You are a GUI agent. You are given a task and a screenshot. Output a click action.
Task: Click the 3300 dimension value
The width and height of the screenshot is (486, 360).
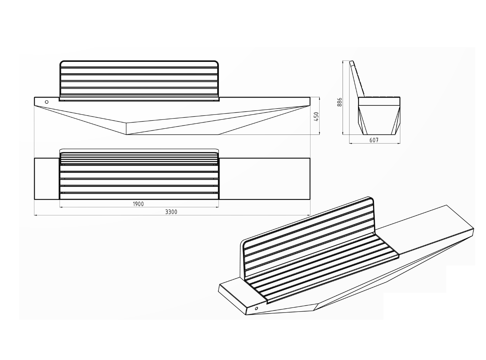(171, 212)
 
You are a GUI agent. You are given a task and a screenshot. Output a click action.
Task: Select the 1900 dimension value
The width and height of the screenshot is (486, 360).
(138, 204)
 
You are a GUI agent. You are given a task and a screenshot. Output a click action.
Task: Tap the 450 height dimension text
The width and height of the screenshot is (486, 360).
(316, 117)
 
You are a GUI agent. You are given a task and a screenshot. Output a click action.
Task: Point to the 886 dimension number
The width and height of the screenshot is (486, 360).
(339, 102)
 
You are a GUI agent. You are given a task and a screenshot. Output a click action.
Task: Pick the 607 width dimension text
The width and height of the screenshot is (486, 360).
(374, 140)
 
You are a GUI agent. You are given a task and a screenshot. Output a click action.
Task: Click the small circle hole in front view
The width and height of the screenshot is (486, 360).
(47, 102)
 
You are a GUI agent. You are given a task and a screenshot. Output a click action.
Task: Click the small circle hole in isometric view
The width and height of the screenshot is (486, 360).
(256, 308)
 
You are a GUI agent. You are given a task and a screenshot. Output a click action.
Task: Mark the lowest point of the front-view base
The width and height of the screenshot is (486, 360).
(126, 135)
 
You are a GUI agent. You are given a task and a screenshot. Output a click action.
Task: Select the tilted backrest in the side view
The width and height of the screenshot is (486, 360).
(357, 79)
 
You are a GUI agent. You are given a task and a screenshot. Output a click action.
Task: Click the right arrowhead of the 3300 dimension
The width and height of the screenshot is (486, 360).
(309, 215)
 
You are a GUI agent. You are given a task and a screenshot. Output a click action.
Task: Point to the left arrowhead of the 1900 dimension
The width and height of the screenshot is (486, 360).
(61, 207)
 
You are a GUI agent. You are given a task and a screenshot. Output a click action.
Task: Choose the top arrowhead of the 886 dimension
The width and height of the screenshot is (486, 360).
(343, 62)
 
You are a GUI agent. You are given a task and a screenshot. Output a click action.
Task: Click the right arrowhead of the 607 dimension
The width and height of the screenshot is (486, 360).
(399, 143)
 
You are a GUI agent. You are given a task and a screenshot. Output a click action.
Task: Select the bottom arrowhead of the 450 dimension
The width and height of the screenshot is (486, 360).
(320, 133)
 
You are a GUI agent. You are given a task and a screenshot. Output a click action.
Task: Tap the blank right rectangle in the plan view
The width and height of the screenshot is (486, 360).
(265, 179)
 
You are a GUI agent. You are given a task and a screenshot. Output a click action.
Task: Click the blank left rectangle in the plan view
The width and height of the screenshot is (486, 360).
(47, 179)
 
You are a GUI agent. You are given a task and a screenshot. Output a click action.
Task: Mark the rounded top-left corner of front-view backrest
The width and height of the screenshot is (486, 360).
(61, 63)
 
